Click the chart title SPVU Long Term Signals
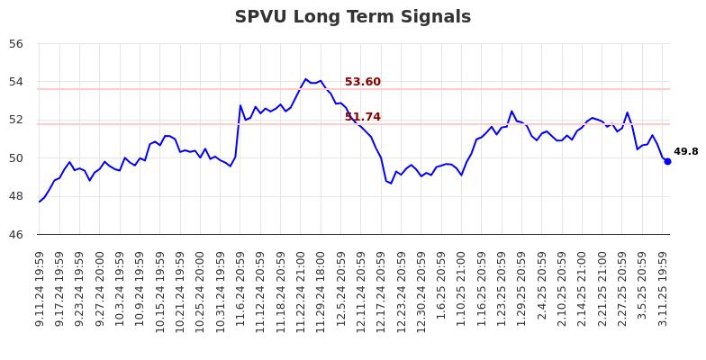[352, 17]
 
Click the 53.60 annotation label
[362, 82]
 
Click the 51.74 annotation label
[362, 117]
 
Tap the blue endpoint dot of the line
[667, 161]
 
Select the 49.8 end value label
[685, 152]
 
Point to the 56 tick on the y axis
[18, 43]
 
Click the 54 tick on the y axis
[18, 82]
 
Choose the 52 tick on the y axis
[18, 120]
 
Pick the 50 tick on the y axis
[18, 158]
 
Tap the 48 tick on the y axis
[18, 196]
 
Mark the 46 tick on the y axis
[18, 235]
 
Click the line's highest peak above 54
[305, 78]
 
